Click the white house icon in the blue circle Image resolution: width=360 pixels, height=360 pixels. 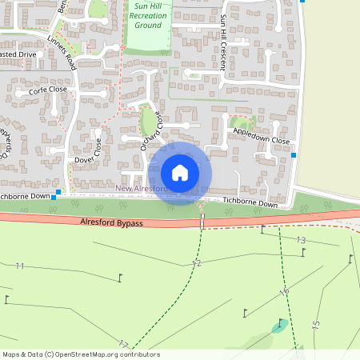pyautogui.click(x=180, y=173)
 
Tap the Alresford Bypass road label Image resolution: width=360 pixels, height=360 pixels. pyautogui.click(x=111, y=222)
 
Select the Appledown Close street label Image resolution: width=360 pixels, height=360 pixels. pyautogui.click(x=260, y=140)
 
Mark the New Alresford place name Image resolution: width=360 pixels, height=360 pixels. pyautogui.click(x=141, y=189)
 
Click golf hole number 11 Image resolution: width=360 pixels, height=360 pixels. pyautogui.click(x=19, y=266)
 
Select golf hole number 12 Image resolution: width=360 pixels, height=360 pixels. pyautogui.click(x=196, y=263)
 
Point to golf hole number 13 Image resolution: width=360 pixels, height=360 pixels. pyautogui.click(x=301, y=240)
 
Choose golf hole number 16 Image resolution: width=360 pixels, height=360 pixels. pyautogui.click(x=283, y=293)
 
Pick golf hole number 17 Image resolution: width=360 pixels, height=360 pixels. pyautogui.click(x=122, y=345)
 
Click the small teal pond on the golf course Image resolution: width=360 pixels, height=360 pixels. pyautogui.click(x=279, y=326)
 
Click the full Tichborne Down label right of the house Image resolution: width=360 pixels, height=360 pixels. pyautogui.click(x=250, y=204)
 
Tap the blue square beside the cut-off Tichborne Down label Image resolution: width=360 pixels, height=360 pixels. pyautogui.click(x=54, y=194)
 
